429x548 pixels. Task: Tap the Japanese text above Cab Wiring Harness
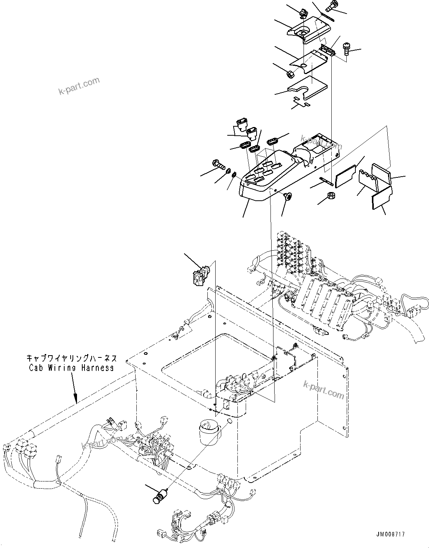(x=72, y=358)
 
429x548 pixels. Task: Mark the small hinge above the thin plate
(x=328, y=50)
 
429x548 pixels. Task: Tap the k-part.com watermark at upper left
(x=79, y=86)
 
